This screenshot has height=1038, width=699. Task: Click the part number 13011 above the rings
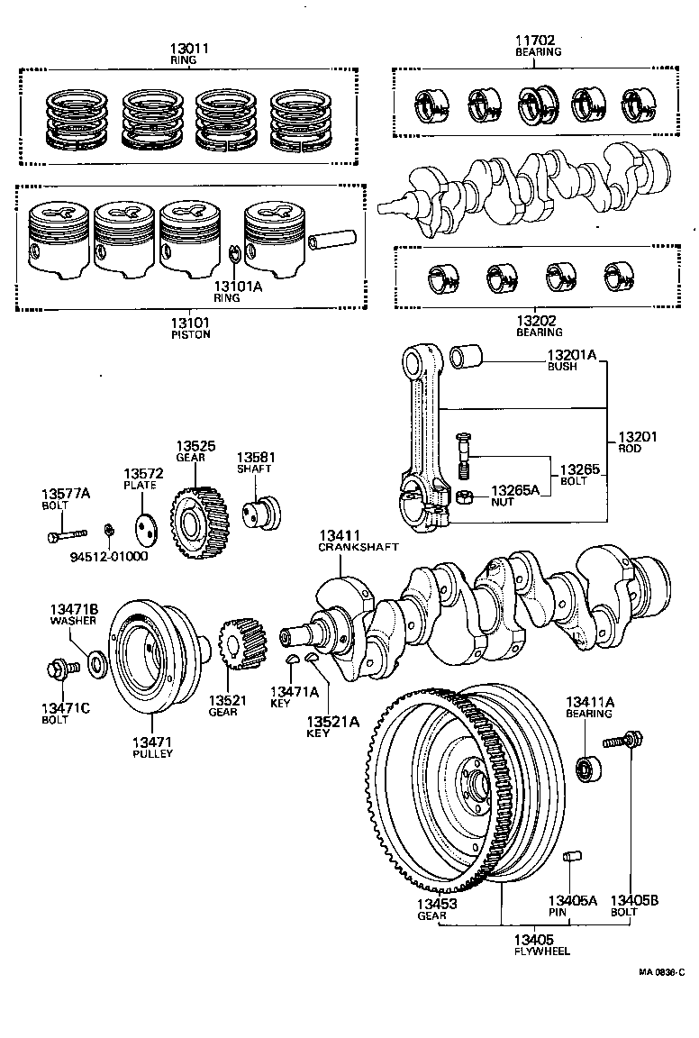(x=189, y=49)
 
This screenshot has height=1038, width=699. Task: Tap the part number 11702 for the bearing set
(x=535, y=41)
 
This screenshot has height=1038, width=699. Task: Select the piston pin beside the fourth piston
(x=332, y=239)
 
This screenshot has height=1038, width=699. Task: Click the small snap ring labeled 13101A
(x=233, y=254)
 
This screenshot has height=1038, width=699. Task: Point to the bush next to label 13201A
(x=467, y=357)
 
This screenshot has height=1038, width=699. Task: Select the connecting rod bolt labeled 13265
(x=464, y=455)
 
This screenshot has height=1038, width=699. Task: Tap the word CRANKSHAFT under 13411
(x=359, y=547)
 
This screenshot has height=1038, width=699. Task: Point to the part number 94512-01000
(x=109, y=556)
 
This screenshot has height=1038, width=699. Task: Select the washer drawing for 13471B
(x=96, y=662)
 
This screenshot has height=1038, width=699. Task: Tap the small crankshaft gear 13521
(x=241, y=644)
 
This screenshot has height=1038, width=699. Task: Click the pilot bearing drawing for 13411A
(x=586, y=769)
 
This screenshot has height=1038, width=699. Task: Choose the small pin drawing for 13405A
(x=572, y=857)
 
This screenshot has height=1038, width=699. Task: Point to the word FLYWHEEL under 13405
(x=541, y=951)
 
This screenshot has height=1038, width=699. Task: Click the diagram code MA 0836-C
(x=662, y=972)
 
